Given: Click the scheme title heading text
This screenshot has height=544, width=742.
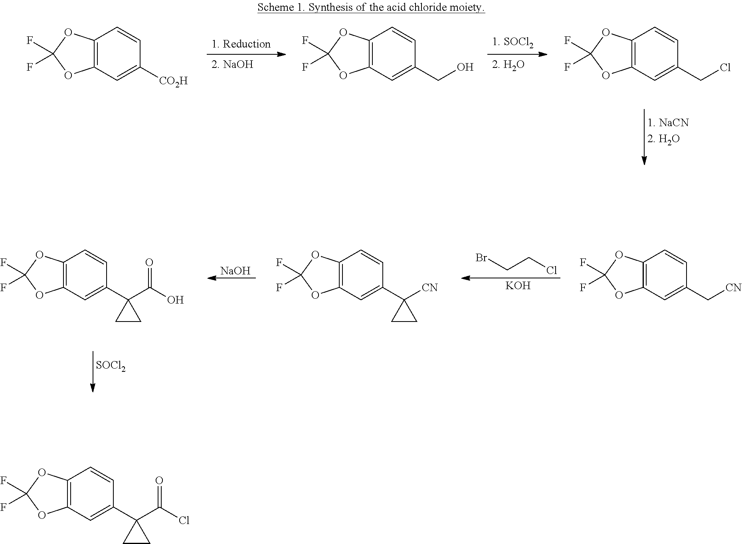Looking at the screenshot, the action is pos(371,7).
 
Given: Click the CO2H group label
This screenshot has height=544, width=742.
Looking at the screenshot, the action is pos(173,81).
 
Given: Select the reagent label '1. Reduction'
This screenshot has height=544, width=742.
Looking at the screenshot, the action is pos(241,44).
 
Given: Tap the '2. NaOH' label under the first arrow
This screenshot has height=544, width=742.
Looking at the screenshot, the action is pos(232,64).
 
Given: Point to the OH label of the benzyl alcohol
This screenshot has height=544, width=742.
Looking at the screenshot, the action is pos(465,67).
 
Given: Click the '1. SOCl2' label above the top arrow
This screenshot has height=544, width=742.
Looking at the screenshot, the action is pos(513,42).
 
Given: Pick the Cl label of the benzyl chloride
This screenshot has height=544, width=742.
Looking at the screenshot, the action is pos(725,68).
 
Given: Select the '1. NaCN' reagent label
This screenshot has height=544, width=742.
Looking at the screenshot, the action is pos(668,123).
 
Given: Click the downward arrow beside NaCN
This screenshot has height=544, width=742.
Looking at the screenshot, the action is pos(644,137).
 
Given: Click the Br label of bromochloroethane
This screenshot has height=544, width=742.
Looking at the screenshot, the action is pos(481,258).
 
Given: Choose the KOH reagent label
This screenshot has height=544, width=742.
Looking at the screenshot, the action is pos(518,286).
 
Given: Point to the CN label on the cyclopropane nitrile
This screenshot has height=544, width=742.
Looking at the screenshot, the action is pos(430,288).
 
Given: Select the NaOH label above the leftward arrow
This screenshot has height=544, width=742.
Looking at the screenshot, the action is pos(235,271).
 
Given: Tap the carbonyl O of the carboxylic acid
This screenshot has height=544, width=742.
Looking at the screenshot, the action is pos(149,262).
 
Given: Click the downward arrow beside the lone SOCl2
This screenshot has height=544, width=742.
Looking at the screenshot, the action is pos(93,371).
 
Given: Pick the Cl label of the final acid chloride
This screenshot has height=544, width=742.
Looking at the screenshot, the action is pos(184,520).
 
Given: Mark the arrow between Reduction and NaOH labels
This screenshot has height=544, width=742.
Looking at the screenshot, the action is pos(246,54).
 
